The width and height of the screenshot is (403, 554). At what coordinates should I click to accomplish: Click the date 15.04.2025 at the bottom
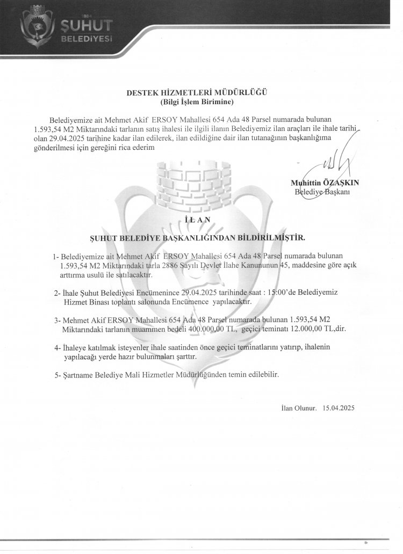[339, 409]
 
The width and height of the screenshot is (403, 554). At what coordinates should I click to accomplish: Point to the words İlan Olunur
[299, 409]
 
